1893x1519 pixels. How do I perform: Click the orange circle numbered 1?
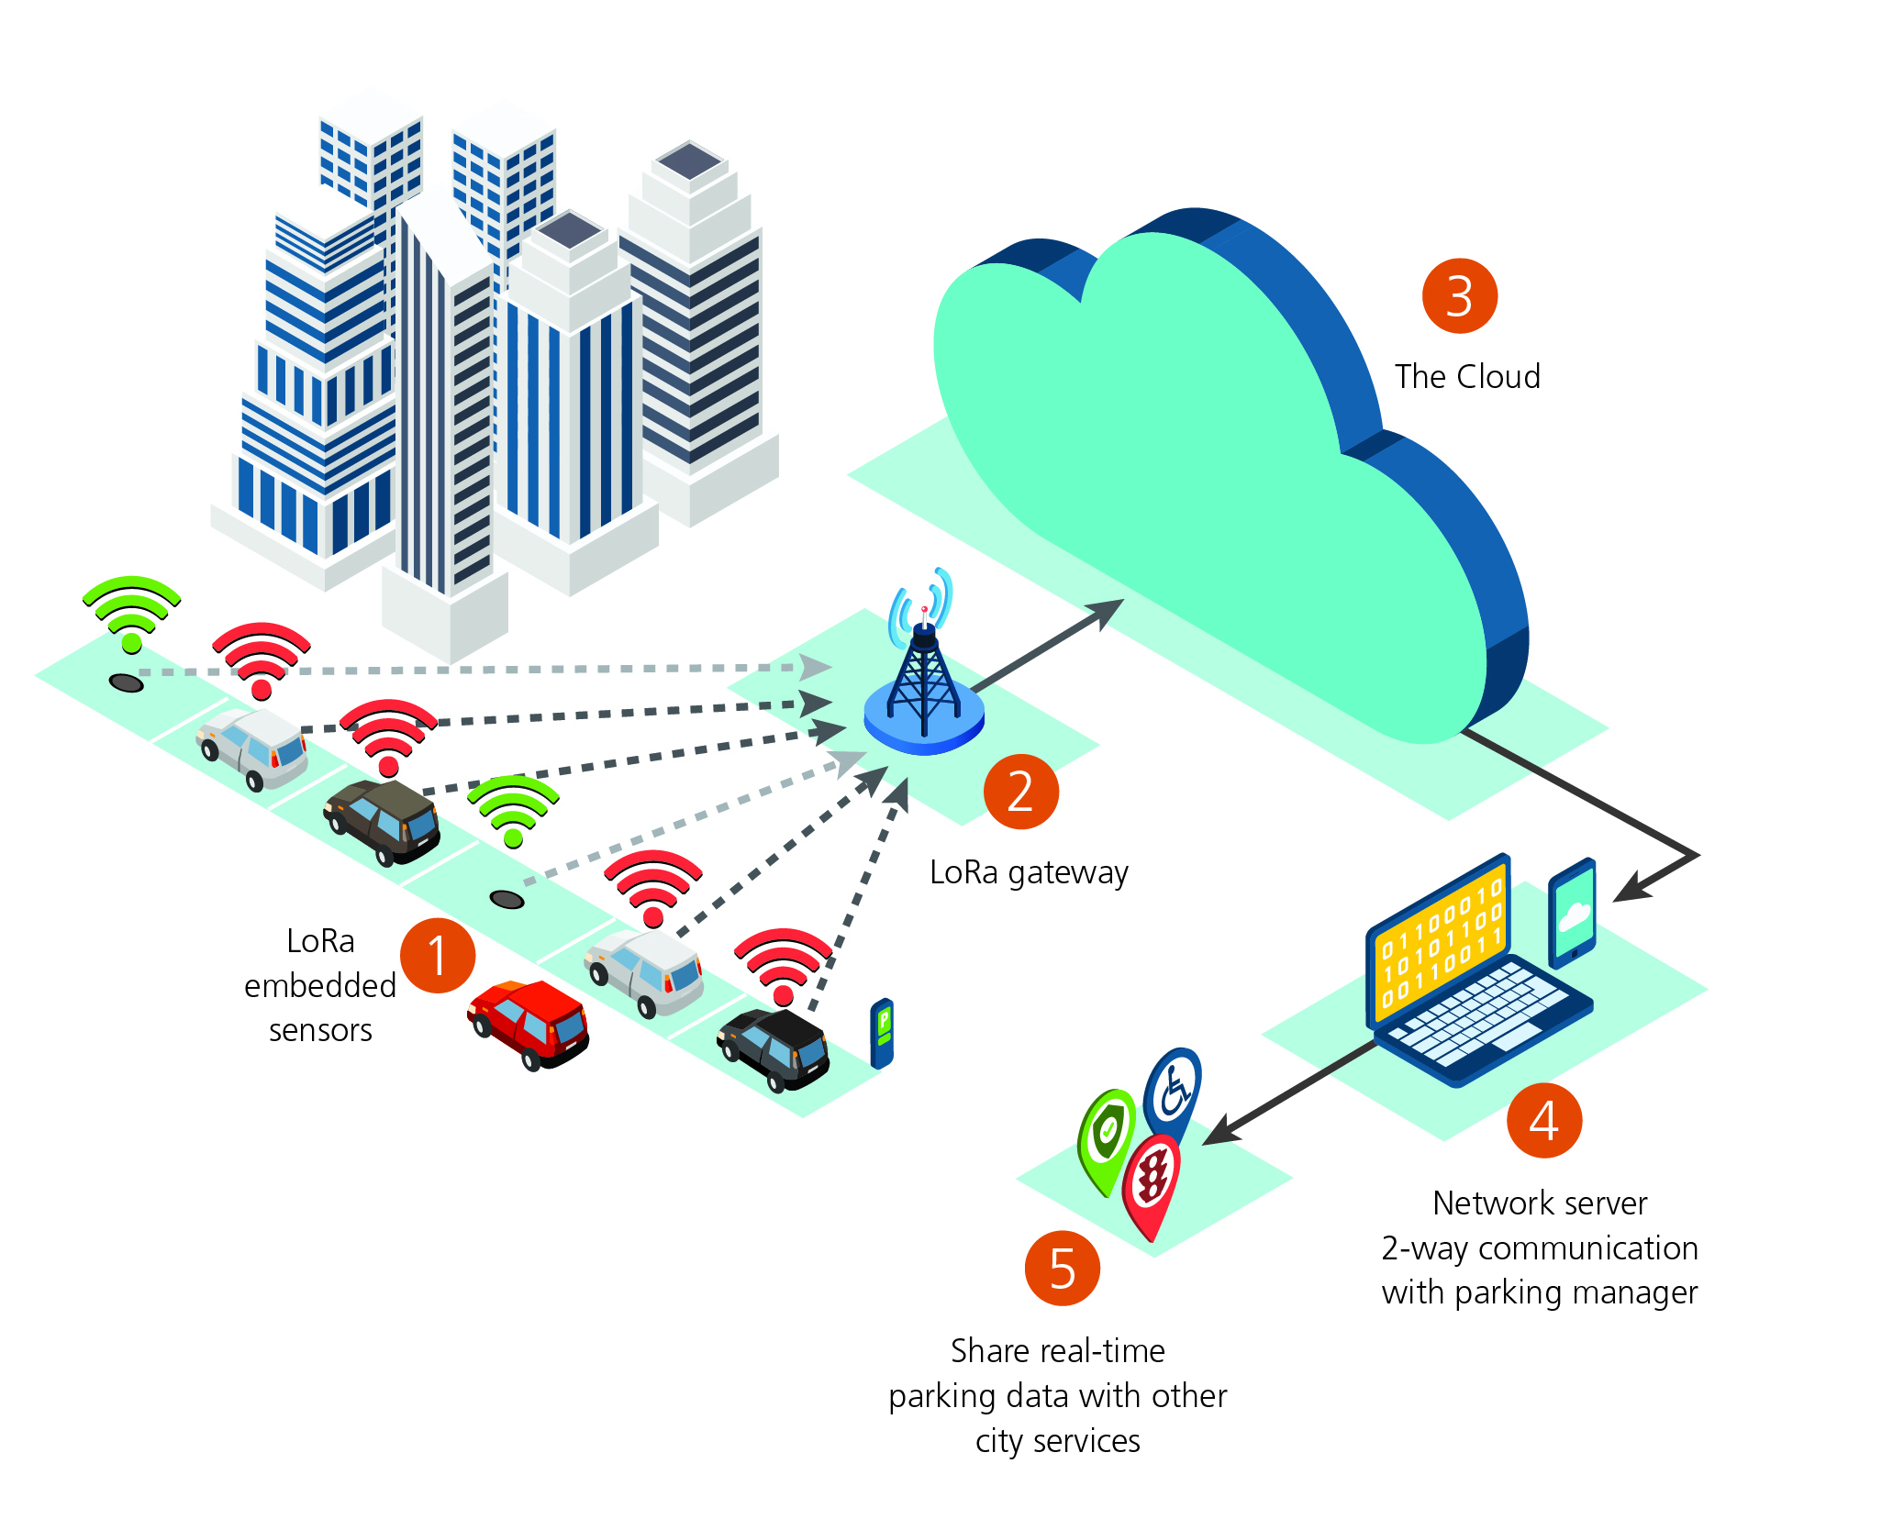(438, 956)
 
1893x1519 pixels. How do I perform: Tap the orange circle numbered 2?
(1021, 792)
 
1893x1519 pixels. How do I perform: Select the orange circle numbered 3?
(1460, 296)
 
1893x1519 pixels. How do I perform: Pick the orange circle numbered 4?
(1544, 1120)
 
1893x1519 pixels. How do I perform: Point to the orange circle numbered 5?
(1063, 1269)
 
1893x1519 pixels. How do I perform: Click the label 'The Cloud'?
(1467, 377)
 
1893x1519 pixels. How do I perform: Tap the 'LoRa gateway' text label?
(1029, 872)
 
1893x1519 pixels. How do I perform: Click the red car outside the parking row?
(529, 1024)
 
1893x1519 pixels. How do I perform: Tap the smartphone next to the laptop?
(1573, 914)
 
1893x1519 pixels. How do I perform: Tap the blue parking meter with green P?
(882, 1033)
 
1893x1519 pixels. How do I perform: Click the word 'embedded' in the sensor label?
(320, 986)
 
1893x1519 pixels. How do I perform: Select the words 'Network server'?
(1540, 1203)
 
